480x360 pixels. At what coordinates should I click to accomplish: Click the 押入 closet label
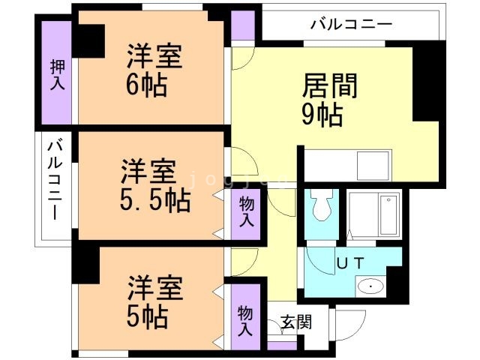click(57, 75)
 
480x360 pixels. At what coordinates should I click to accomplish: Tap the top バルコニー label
click(351, 25)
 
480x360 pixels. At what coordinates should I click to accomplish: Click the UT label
click(349, 264)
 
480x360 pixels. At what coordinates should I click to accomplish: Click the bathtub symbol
click(388, 214)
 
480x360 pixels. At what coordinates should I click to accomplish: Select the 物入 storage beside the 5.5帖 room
click(246, 211)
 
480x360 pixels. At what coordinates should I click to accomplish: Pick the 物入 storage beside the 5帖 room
click(246, 320)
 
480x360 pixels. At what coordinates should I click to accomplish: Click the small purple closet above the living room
click(242, 27)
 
